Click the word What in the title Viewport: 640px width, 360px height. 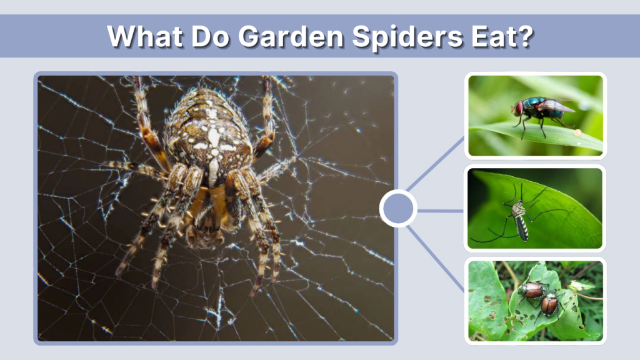[145, 37]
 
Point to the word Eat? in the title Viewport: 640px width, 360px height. [501, 37]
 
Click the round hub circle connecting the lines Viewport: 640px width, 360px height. [398, 209]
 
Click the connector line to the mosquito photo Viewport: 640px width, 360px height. [441, 211]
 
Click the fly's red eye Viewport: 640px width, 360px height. [518, 109]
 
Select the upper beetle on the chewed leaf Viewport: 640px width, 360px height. [532, 289]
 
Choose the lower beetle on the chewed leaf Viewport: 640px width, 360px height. [549, 305]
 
